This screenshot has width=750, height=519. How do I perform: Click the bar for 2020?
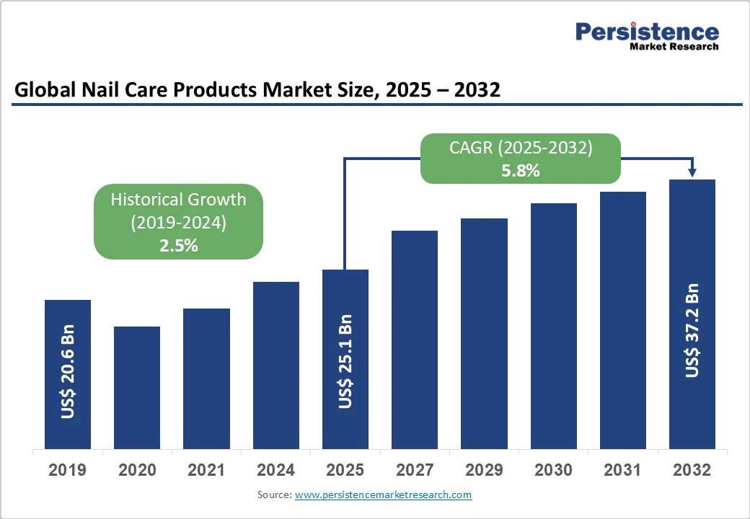pos(137,388)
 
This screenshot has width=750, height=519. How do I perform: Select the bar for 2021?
pos(206,378)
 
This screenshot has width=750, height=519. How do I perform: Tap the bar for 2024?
pos(276,365)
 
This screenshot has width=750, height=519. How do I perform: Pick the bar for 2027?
pos(415,340)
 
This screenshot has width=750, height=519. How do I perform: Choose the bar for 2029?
pos(484,334)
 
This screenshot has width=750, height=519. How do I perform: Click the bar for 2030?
pos(554,326)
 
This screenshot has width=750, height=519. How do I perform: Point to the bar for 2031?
pos(623,320)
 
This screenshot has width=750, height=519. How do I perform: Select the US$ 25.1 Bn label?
pos(345,361)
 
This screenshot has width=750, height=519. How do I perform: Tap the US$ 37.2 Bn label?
pos(692,329)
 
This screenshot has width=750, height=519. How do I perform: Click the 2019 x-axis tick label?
pos(67,471)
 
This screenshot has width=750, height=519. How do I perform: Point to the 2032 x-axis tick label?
pos(692,471)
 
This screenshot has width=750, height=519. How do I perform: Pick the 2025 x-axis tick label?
pos(345,471)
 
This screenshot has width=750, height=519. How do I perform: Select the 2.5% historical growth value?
pos(178,246)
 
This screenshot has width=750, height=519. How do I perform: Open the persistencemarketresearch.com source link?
pos(383,494)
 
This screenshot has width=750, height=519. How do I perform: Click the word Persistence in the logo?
pos(647,32)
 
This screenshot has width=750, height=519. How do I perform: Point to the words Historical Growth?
pos(178,199)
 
